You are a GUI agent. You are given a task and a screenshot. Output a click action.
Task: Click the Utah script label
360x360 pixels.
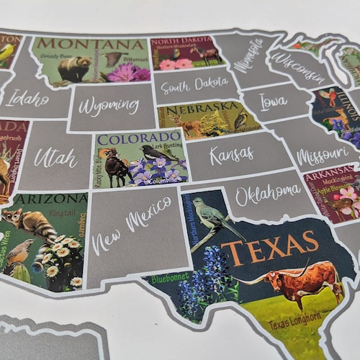tap(55, 157)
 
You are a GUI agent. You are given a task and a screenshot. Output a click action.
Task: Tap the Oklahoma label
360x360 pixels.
tap(268, 192)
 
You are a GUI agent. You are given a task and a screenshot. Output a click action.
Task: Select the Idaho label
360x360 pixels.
tap(27, 99)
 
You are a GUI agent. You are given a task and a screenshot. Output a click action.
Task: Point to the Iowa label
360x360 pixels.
tap(273, 102)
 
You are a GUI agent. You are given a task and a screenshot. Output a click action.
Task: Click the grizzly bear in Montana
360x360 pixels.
tap(74, 69)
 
